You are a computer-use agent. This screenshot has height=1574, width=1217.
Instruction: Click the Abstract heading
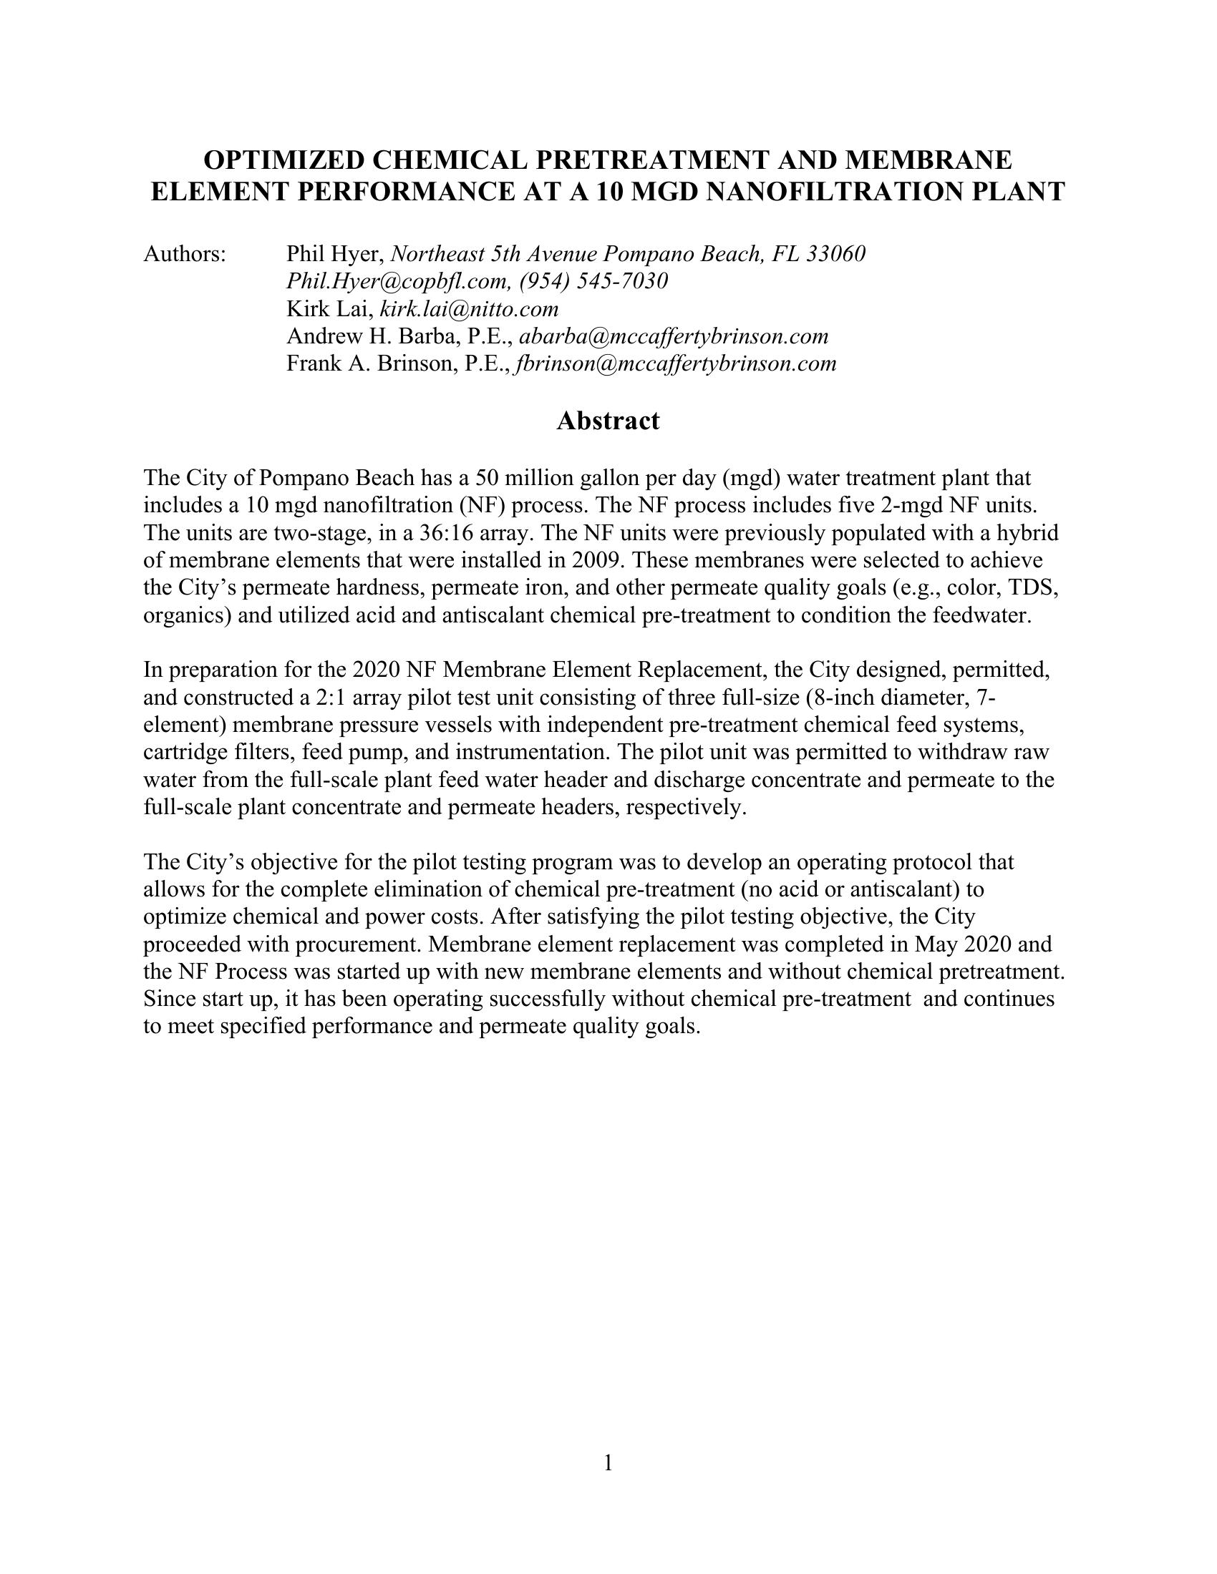pyautogui.click(x=608, y=421)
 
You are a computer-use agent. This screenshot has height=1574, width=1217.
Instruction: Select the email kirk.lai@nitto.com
pyautogui.click(x=469, y=309)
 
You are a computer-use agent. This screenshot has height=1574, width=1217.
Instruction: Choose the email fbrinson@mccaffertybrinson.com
pyautogui.click(x=677, y=364)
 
